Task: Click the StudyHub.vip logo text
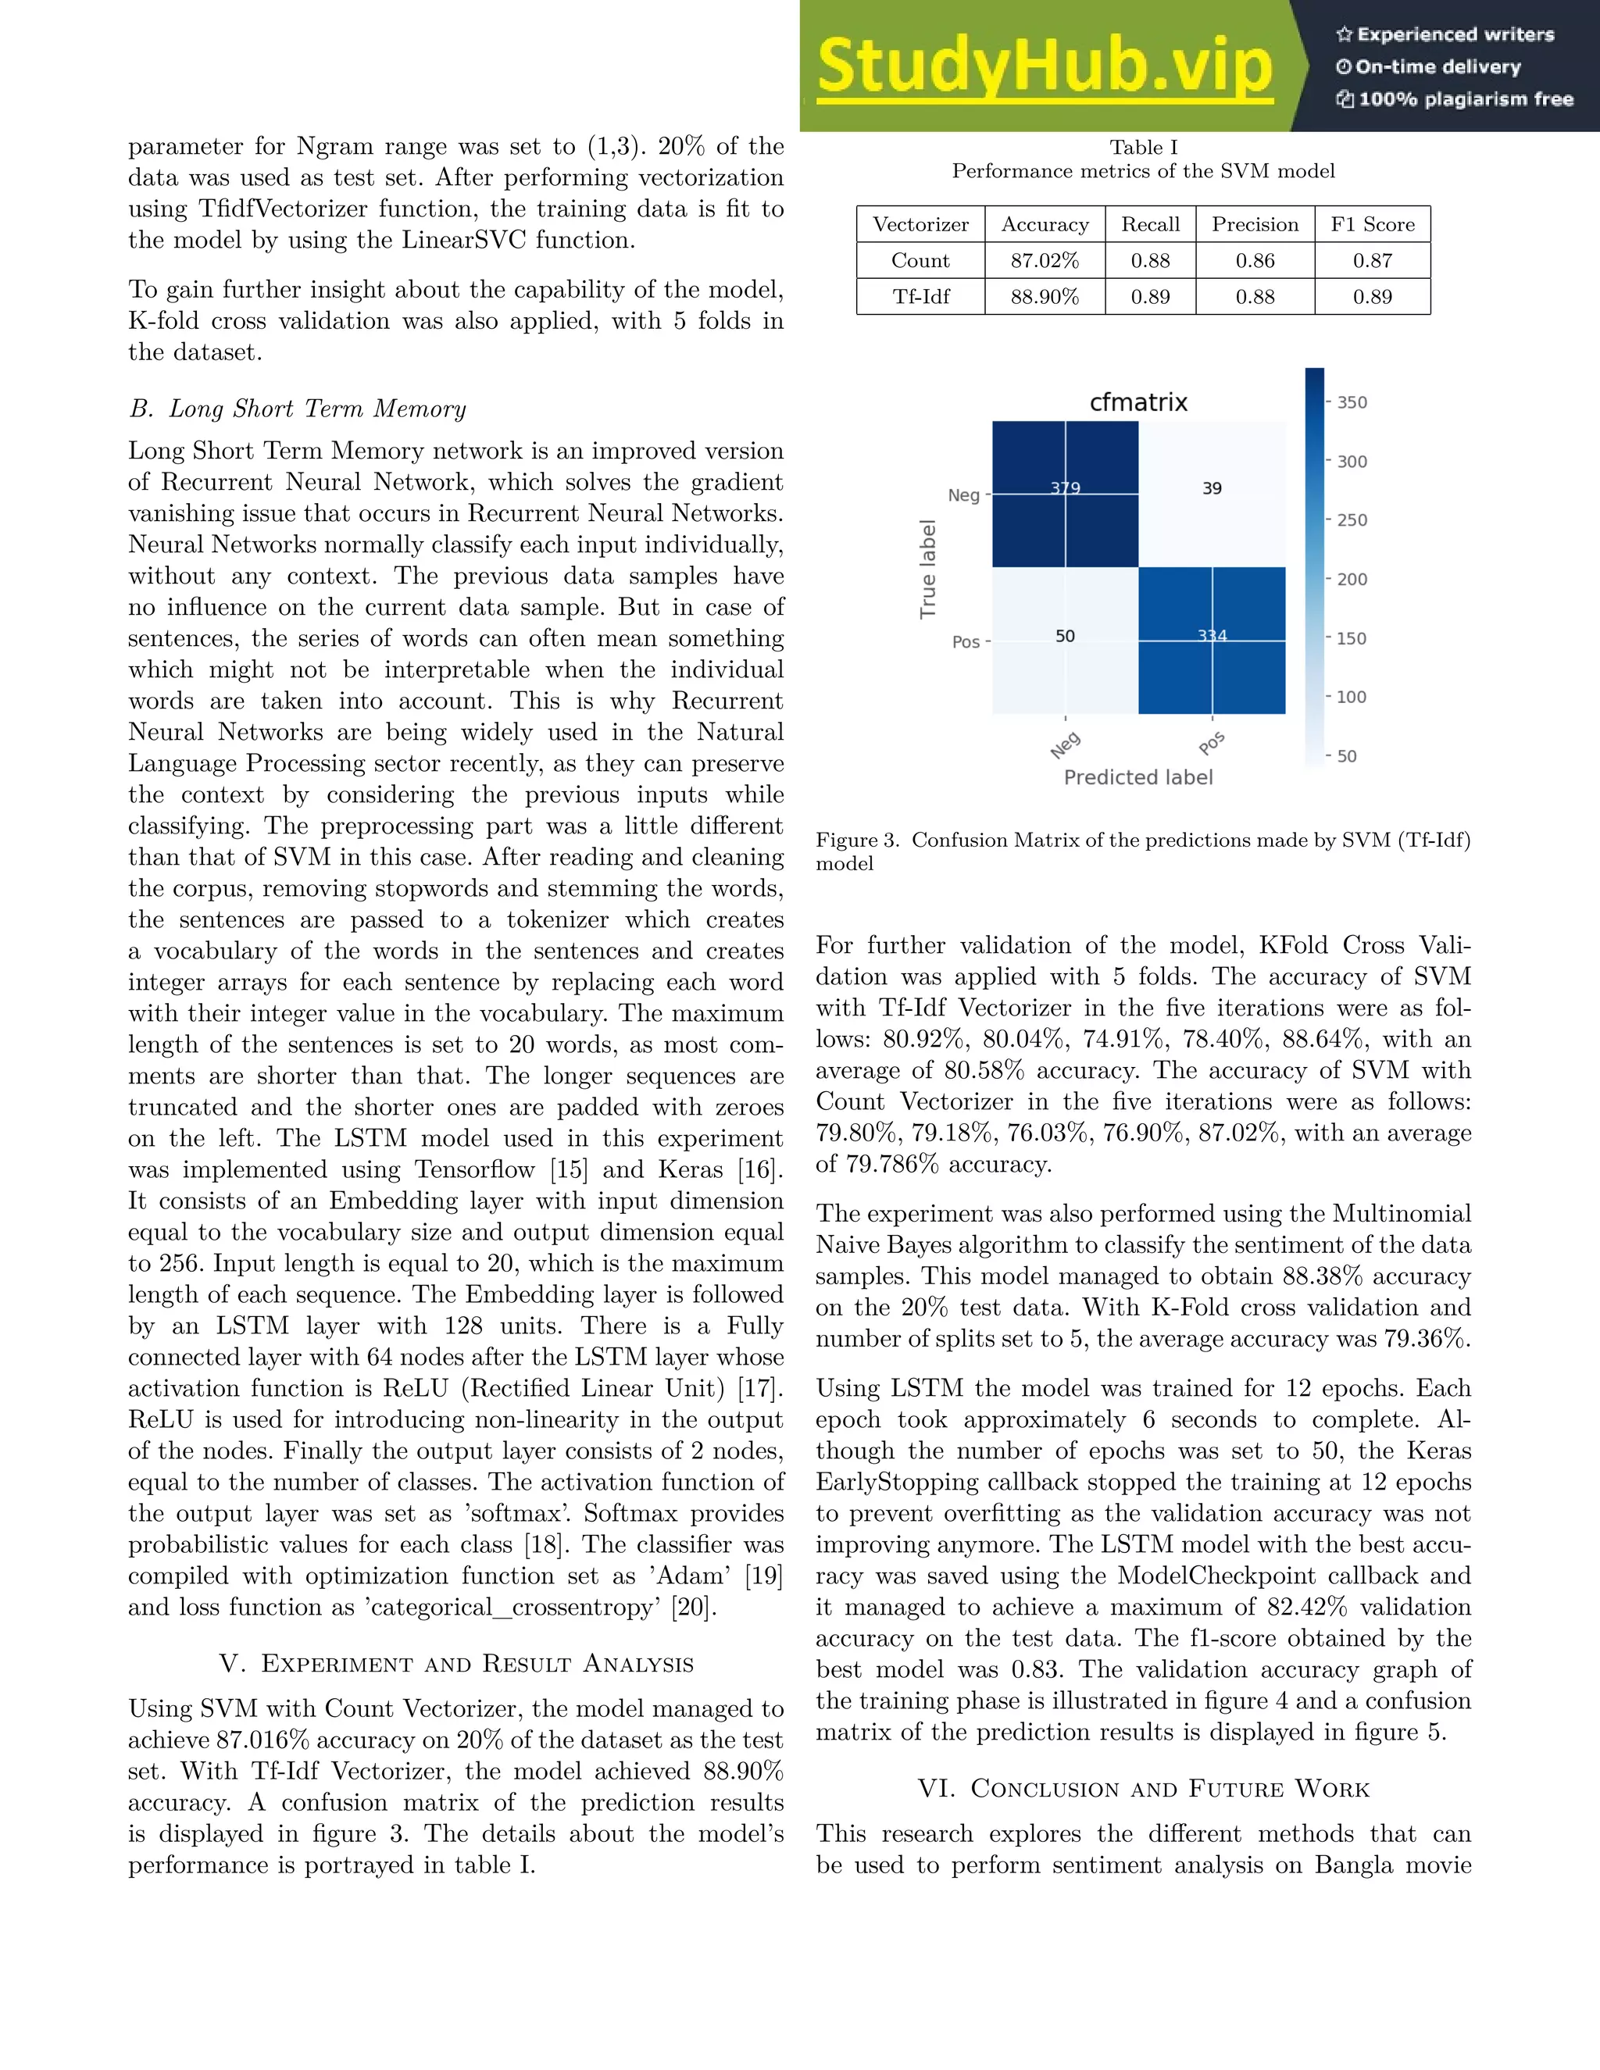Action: click(1044, 66)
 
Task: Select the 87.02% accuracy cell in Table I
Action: click(1045, 261)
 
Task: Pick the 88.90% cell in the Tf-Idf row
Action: click(1045, 297)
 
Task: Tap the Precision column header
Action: click(1255, 225)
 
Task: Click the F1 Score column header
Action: click(1372, 225)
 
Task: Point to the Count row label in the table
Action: click(920, 261)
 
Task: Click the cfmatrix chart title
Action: click(1137, 402)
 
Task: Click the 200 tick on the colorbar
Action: click(1352, 579)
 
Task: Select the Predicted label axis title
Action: click(1137, 777)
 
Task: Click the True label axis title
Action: click(928, 569)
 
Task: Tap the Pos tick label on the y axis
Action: click(966, 641)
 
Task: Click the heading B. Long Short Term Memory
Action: click(298, 409)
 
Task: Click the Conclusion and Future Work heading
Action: click(1143, 1789)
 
